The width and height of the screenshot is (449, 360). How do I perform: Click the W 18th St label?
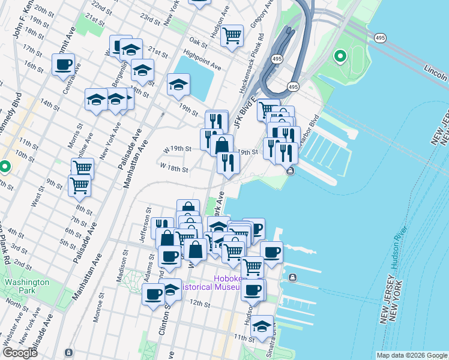[x=174, y=168]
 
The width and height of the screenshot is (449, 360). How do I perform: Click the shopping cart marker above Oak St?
[x=231, y=34]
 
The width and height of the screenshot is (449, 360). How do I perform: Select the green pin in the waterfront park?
[x=340, y=57]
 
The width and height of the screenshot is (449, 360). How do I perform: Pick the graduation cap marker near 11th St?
[x=262, y=326]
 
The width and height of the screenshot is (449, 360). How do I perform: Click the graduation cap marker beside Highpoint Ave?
[x=178, y=85]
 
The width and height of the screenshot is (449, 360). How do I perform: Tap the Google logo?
[x=20, y=353]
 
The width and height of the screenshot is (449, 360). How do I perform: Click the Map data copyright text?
[x=411, y=355]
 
